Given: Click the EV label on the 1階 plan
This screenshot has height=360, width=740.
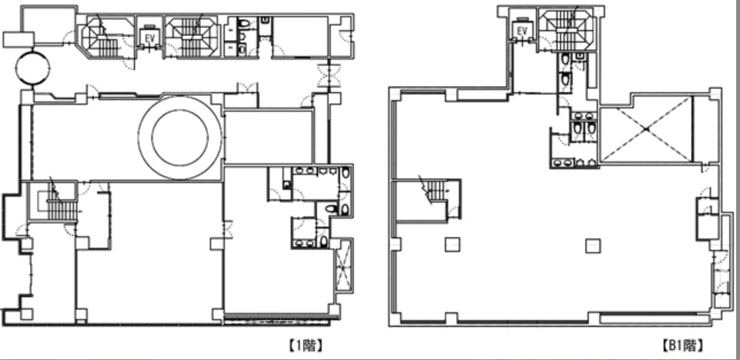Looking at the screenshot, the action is click(x=150, y=39).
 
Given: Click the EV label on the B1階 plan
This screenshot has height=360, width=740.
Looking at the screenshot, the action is click(x=522, y=31).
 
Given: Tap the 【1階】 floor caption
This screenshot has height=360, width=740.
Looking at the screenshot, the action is click(x=306, y=346).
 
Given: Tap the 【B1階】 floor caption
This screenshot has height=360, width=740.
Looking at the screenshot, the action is click(x=682, y=346).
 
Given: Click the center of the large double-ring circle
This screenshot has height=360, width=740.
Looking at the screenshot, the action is click(x=180, y=137).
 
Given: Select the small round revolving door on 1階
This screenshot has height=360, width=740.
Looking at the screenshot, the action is click(x=32, y=68).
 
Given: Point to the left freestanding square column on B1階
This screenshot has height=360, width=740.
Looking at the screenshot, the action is click(x=452, y=244).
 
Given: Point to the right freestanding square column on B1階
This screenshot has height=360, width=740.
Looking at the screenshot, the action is click(x=593, y=246).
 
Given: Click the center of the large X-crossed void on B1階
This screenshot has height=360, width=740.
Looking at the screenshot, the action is click(x=647, y=129).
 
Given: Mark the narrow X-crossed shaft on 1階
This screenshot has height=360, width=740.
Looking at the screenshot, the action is click(x=343, y=264).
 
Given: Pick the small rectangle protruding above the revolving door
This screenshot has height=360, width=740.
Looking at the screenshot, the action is click(x=18, y=40).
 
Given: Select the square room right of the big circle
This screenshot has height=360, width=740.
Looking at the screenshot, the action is click(x=269, y=137).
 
